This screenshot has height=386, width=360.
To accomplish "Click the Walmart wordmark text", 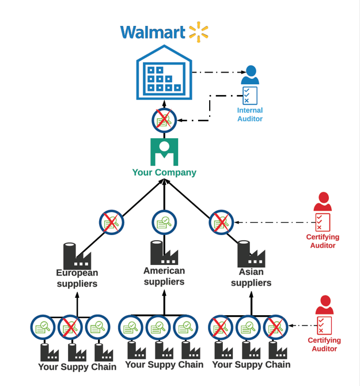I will click(153, 32).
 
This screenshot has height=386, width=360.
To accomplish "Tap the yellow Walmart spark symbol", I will click(198, 32).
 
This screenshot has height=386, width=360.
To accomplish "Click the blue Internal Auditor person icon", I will click(250, 75).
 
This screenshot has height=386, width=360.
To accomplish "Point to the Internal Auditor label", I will click(249, 114).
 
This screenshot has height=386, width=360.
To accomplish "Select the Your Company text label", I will click(164, 172).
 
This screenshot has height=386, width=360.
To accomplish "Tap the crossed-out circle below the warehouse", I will click(164, 120).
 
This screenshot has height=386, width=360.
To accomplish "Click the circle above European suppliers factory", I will click(111, 222).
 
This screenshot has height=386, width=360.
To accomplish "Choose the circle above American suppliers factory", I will click(164, 222).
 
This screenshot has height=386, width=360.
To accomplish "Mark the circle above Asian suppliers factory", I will click(221, 222).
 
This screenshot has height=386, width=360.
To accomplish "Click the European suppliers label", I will click(77, 278).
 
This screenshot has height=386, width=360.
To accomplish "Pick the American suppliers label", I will click(164, 276).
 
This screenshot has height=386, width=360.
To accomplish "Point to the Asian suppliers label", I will click(251, 277).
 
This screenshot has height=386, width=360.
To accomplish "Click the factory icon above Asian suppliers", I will click(251, 253).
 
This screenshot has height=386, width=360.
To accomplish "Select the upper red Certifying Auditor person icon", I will click(323, 202).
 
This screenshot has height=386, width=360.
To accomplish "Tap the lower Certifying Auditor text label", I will click(324, 345).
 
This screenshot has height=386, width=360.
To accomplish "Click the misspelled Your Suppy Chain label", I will click(77, 367).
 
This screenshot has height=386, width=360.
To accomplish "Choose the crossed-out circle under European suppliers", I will click(70, 328).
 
